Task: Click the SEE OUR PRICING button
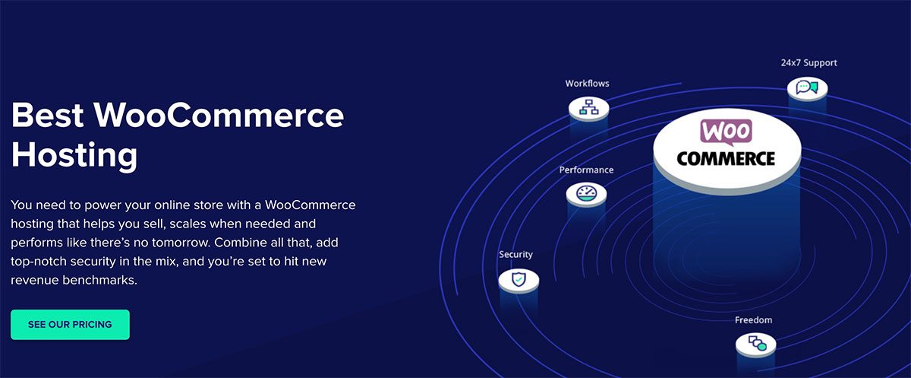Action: [70, 325]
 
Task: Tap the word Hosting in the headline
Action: [74, 155]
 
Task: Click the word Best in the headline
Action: [48, 116]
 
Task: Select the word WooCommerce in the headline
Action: [219, 116]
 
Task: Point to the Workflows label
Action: [588, 84]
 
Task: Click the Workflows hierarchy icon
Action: [588, 106]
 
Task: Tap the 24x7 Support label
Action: [809, 62]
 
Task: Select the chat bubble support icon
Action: [807, 87]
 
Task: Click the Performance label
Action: [586, 170]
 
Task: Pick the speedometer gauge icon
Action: [586, 192]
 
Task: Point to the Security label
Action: [515, 255]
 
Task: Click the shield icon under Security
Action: [519, 279]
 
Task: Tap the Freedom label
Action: [753, 320]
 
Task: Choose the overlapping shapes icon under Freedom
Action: [758, 343]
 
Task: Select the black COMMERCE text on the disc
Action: [726, 158]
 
